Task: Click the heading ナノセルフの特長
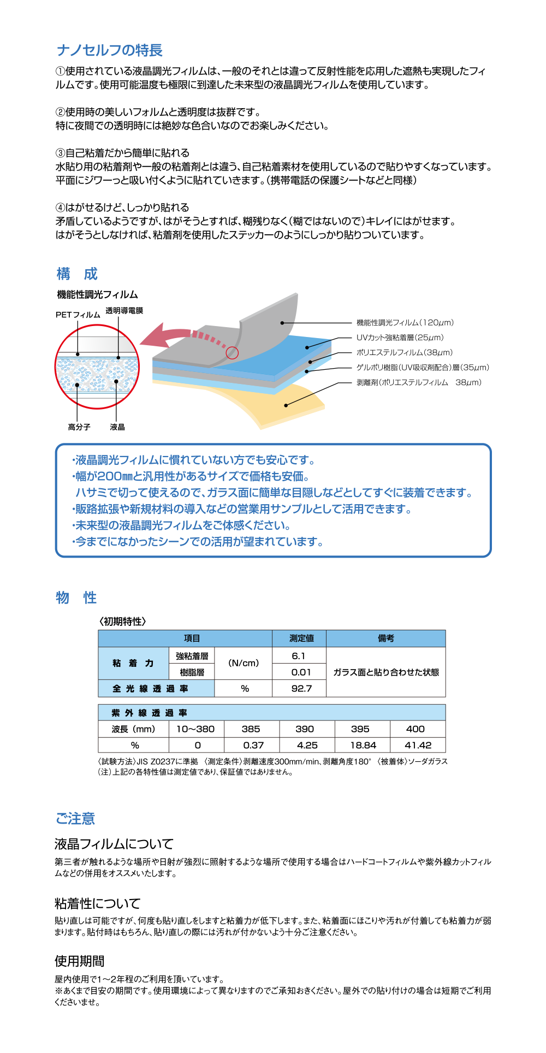110,50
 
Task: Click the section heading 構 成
77,274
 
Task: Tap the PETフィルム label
78,315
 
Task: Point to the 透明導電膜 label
124,310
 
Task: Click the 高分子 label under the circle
79,427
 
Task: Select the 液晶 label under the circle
117,427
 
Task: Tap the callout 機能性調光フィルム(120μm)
405,323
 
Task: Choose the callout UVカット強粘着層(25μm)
400,338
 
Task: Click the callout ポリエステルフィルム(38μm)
405,352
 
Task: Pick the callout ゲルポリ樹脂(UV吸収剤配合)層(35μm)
423,368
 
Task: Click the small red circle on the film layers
232,353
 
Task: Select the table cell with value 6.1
299,656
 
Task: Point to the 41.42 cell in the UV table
418,745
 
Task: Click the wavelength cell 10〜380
195,729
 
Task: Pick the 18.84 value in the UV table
363,745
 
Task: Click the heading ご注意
75,818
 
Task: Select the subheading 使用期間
80,961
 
